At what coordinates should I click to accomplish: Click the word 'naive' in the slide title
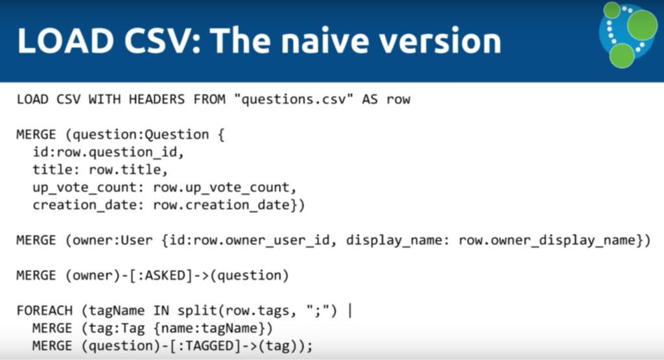[x=324, y=41]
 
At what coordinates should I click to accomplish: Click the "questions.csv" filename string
[x=294, y=99]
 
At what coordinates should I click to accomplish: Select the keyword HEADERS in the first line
[x=157, y=99]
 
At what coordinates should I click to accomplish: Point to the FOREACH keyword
[x=45, y=311]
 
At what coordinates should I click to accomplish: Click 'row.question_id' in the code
[x=117, y=152]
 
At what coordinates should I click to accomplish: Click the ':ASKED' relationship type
[x=165, y=276]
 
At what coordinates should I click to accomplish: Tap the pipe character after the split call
[x=350, y=311]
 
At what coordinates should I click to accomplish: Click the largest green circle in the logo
[x=642, y=25]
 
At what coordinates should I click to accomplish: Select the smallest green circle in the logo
[x=612, y=10]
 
